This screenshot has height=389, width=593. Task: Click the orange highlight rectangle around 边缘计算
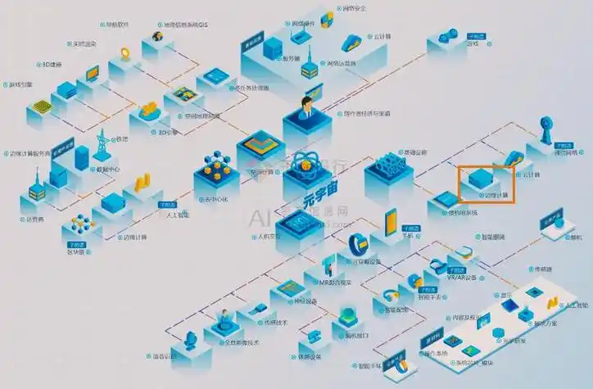pyautogui.click(x=485, y=183)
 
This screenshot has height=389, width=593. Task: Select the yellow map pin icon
pyautogui.click(x=125, y=54)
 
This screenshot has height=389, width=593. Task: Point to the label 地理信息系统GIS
pyautogui.click(x=185, y=25)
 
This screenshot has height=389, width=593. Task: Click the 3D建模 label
pyautogui.click(x=51, y=64)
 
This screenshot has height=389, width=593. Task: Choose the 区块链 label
pyautogui.click(x=75, y=252)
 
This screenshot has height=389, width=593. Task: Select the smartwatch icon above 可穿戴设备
pyautogui.click(x=357, y=244)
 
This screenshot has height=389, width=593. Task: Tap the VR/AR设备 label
pyautogui.click(x=459, y=276)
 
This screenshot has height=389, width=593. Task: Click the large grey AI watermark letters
pyautogui.click(x=260, y=218)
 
